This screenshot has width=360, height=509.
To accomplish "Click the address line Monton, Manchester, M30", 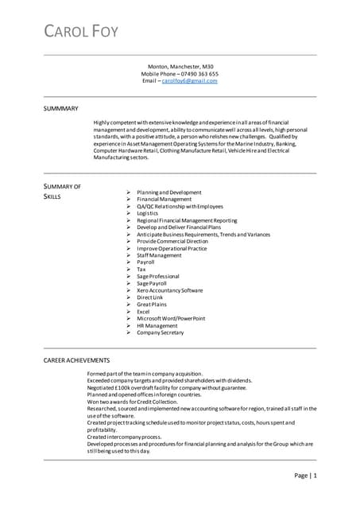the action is [180, 67].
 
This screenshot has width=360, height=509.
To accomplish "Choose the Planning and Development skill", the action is [168, 192].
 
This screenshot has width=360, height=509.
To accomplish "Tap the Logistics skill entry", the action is [148, 213].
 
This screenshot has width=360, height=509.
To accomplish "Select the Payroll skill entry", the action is [145, 262].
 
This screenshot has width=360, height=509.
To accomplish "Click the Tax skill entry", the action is [141, 269].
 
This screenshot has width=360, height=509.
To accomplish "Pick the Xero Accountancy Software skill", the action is [169, 290].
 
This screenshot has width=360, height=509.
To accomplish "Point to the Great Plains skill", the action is [152, 304].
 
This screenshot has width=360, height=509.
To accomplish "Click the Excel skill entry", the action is [144, 311].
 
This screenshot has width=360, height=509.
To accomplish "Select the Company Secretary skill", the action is [161, 332].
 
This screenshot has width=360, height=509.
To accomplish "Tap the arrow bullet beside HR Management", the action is [128, 325].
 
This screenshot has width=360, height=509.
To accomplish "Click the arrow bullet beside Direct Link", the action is [128, 297].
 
